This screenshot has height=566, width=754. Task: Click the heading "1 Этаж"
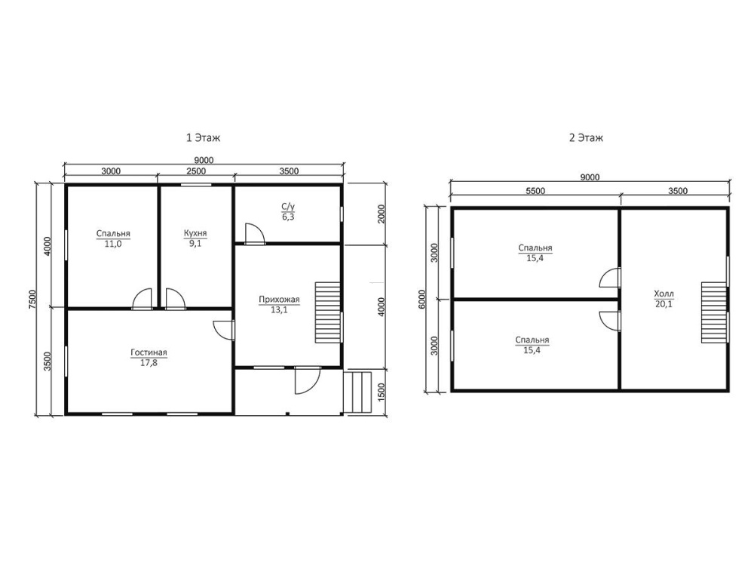[x=204, y=138]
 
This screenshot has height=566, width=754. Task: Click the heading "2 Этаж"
[x=586, y=138]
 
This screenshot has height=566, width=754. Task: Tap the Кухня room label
[x=195, y=233]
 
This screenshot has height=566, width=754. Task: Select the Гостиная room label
[x=149, y=352]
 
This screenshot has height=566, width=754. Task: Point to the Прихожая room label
[x=279, y=300]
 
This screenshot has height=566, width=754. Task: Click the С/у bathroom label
[x=288, y=207]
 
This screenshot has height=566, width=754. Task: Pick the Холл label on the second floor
[x=664, y=294]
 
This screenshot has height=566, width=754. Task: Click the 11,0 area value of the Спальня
[x=113, y=244]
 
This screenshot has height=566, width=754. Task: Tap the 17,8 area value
[x=149, y=363]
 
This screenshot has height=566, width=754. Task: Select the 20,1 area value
[x=664, y=304]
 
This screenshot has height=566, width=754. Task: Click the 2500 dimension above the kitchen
[x=196, y=171]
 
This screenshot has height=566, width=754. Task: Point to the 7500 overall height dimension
[x=32, y=300]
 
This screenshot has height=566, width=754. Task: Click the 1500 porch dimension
[x=382, y=392]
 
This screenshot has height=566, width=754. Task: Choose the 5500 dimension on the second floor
[x=535, y=191]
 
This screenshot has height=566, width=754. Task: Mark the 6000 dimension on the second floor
[x=421, y=300]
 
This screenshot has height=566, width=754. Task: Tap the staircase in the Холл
[x=713, y=313]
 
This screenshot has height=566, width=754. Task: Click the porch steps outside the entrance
[x=358, y=392]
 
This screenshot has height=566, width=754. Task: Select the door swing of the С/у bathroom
[x=254, y=233]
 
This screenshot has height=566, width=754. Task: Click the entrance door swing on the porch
[x=308, y=380]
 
